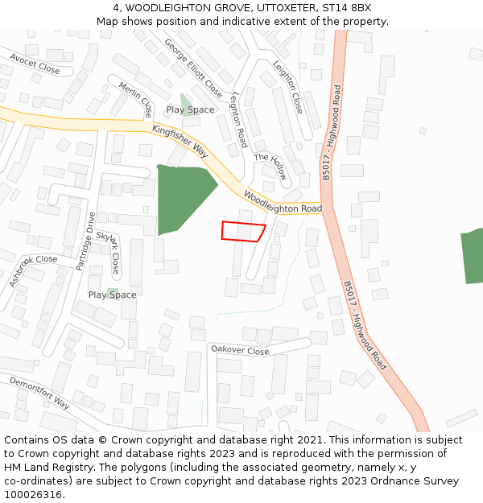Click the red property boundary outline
[243, 231]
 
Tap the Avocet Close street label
[35, 64]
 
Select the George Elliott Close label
[193, 68]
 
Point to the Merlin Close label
[135, 98]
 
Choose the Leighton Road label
[237, 118]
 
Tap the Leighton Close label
[287, 86]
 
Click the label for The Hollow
[270, 167]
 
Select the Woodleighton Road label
[283, 202]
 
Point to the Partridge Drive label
[85, 241]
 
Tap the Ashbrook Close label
[34, 270]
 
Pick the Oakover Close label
[240, 350]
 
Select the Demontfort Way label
[39, 392]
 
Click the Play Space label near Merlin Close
[191, 109]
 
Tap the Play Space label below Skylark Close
[112, 295]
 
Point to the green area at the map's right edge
[473, 256]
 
